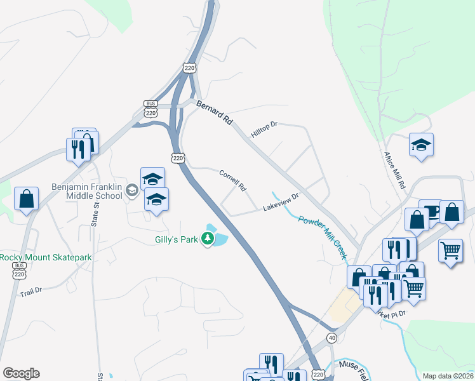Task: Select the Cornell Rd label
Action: pos(232,180)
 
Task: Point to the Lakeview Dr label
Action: pos(281,203)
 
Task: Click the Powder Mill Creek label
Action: pos(323,237)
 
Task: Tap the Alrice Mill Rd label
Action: pos(394,170)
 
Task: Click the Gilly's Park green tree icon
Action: pos(207,239)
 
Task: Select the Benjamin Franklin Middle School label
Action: pos(86,191)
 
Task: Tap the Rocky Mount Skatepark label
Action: pos(46,257)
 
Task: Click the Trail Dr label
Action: pos(30,292)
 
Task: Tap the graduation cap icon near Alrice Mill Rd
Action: pos(421,145)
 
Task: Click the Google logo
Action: pos(21,373)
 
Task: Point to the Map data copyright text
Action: pos(447,376)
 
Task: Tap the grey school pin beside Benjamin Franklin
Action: pos(132,189)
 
